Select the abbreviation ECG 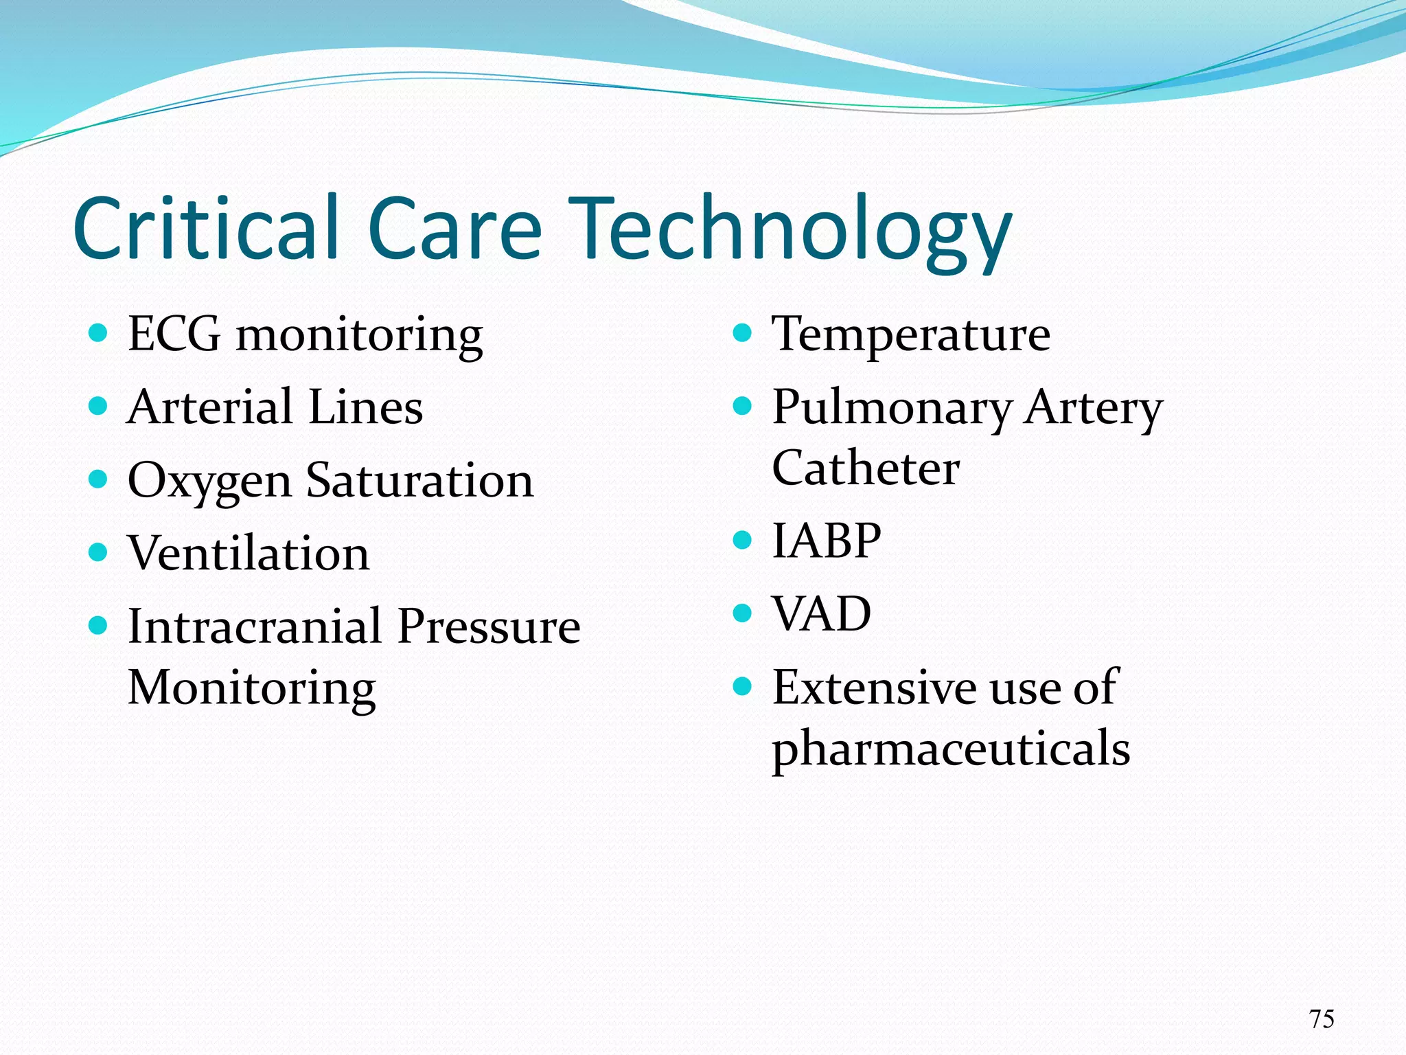click(x=174, y=334)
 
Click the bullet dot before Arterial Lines click(x=99, y=406)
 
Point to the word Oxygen click(x=209, y=481)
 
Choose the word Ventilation click(x=249, y=554)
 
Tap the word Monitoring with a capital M click(x=252, y=688)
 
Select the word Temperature click(x=911, y=334)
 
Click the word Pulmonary click(x=892, y=408)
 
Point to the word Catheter click(x=866, y=468)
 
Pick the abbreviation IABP click(x=827, y=541)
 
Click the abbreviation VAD click(x=822, y=613)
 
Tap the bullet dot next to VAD click(x=743, y=612)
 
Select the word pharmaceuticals click(x=951, y=748)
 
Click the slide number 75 click(x=1321, y=1019)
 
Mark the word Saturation click(x=419, y=480)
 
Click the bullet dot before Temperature click(x=743, y=334)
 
